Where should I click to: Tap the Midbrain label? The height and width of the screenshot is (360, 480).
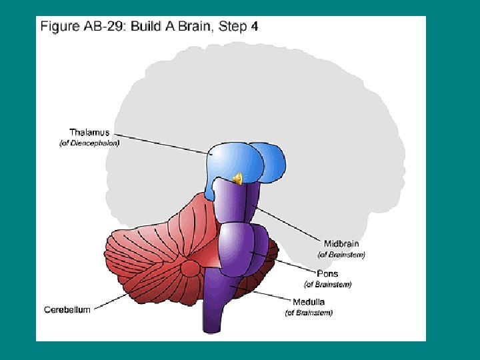(341, 243)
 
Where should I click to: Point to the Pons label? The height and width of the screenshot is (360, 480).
(327, 274)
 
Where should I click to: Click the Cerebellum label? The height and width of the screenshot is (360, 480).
(68, 309)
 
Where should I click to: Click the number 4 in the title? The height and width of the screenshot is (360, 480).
(254, 27)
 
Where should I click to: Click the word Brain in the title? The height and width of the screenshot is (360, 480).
(193, 27)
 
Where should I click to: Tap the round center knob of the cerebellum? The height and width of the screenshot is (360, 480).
(191, 269)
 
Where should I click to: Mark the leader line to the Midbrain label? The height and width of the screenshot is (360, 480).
(287, 223)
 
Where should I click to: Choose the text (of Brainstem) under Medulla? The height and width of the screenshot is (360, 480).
(309, 313)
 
